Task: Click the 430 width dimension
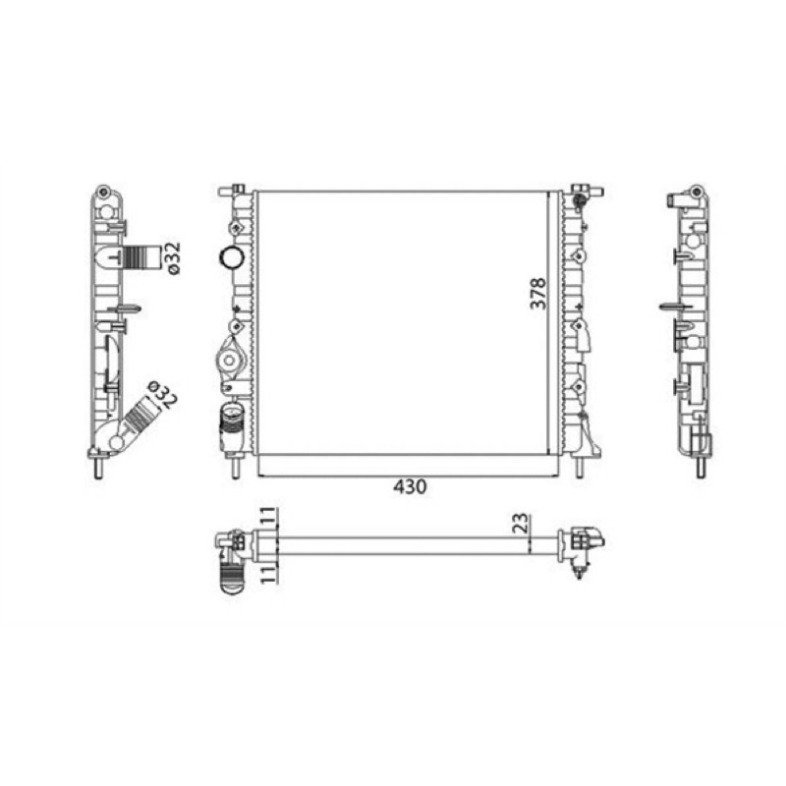tap(410, 486)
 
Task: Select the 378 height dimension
tap(538, 293)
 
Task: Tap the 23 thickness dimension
tap(522, 523)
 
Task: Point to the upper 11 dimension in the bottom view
tap(268, 517)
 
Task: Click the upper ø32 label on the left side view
tap(173, 258)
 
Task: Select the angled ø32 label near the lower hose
tap(162, 395)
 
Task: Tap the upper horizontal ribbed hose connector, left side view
tap(140, 258)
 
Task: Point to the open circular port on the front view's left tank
tap(232, 257)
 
